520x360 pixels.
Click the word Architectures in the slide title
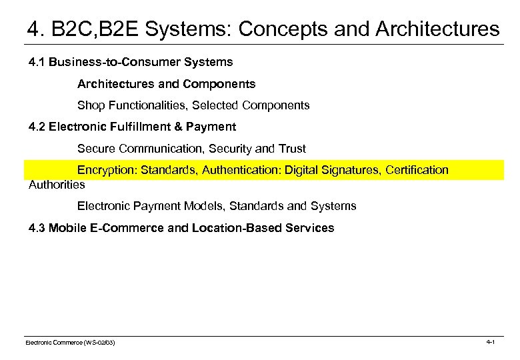click(437, 29)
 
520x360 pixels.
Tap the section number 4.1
click(37, 62)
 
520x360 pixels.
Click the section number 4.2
click(37, 127)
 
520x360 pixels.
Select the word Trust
click(291, 149)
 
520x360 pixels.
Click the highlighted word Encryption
click(105, 170)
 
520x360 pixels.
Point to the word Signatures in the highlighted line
click(349, 170)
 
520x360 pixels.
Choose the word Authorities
click(57, 184)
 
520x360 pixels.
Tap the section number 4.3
click(37, 228)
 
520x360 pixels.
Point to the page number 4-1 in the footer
click(490, 342)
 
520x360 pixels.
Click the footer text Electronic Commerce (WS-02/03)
click(70, 343)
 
